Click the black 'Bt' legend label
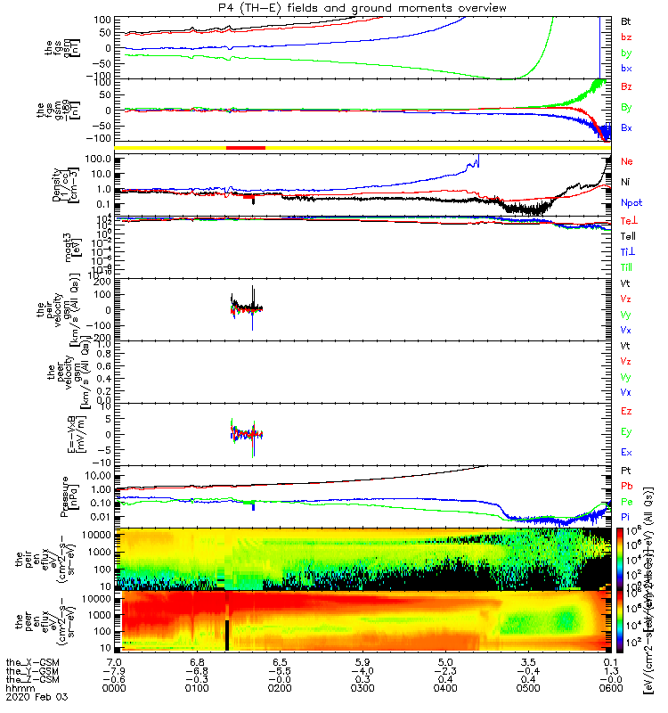coord(626,20)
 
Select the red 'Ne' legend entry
coord(627,161)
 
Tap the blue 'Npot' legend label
coord(631,202)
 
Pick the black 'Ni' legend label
coord(626,182)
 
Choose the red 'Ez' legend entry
coord(626,411)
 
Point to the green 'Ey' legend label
coord(626,432)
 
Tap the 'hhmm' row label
coord(17,695)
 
